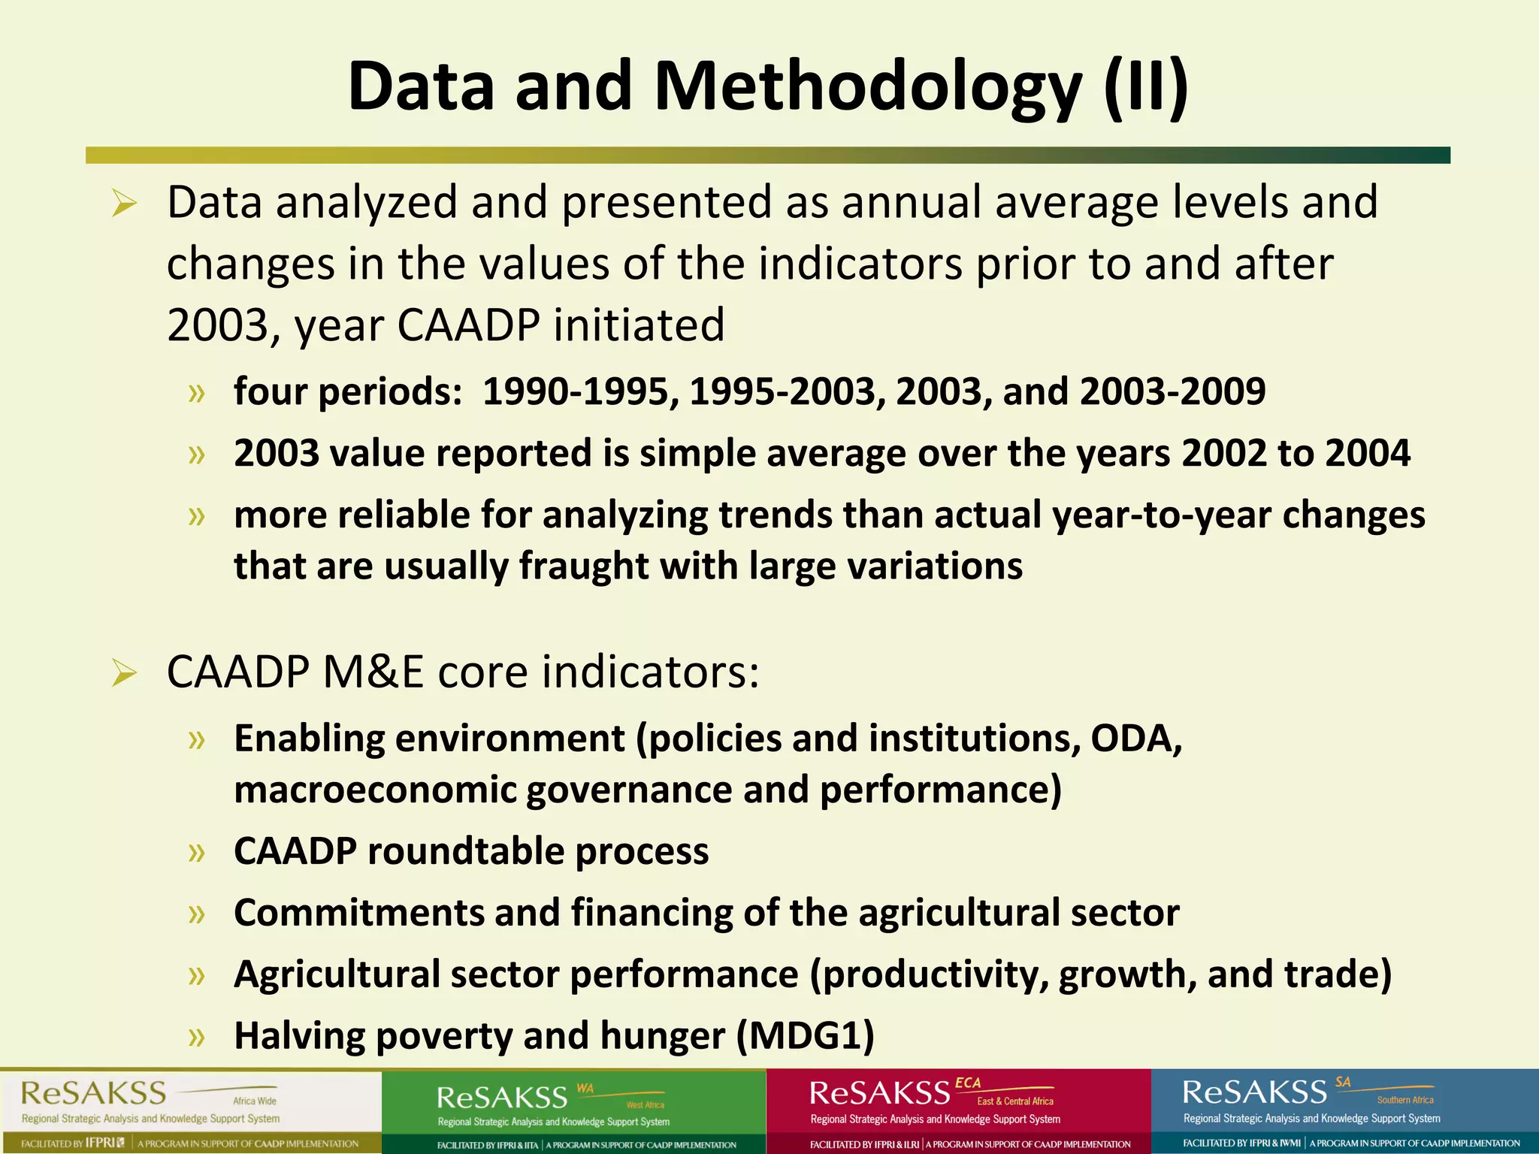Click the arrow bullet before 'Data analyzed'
click(124, 204)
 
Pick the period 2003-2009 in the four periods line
click(1172, 391)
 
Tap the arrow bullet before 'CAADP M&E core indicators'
click(124, 672)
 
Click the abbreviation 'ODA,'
click(1136, 739)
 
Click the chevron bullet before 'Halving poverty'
click(197, 1038)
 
